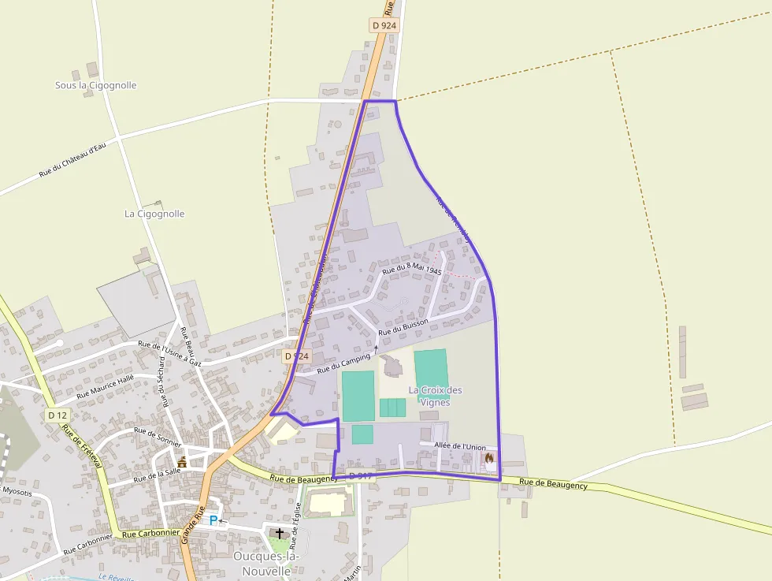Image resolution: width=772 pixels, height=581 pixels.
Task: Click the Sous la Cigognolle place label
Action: [95, 85]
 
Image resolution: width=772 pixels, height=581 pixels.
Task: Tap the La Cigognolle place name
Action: [154, 214]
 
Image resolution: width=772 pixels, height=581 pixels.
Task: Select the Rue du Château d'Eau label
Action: [72, 160]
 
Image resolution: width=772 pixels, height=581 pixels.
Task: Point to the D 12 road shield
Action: [58, 415]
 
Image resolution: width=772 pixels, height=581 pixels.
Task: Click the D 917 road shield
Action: [359, 475]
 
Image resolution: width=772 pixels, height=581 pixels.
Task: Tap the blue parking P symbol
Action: [213, 520]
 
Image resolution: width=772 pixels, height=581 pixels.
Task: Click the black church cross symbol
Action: [280, 534]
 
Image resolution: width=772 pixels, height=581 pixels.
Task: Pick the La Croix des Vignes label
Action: [435, 396]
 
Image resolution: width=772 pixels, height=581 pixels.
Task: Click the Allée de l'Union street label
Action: [460, 447]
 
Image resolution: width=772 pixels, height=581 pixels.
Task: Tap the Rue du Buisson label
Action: [403, 327]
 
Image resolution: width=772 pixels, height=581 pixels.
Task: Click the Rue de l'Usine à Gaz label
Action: [169, 354]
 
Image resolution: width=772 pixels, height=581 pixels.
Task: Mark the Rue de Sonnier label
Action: [158, 437]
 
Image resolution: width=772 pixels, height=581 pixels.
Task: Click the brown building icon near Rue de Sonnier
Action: [182, 462]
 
